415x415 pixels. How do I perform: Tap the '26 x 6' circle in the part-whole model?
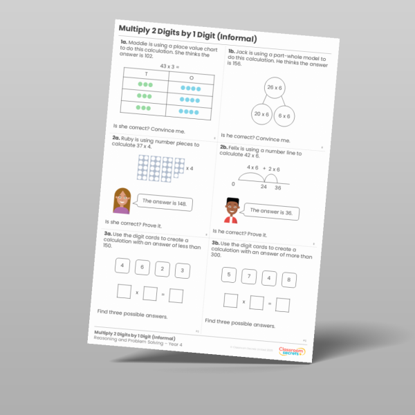(275, 88)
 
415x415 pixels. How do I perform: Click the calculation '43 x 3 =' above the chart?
(169, 66)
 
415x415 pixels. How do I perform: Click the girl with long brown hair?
(122, 201)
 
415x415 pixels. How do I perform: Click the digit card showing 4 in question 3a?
(122, 266)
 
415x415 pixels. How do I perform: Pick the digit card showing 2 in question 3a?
(161, 269)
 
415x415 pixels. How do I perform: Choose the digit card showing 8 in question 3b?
(289, 279)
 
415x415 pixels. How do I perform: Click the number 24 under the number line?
(264, 186)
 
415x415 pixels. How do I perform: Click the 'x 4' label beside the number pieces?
(188, 167)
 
